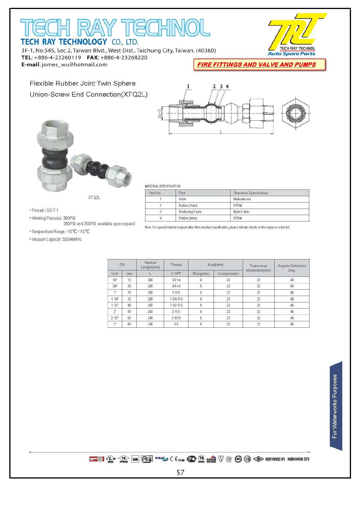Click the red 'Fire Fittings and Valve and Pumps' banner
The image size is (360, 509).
(256, 65)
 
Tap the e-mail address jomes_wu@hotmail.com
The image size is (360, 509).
(74, 64)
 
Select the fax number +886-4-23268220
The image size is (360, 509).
(124, 57)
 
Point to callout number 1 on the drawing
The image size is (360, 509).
(188, 86)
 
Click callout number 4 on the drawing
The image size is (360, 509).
(227, 86)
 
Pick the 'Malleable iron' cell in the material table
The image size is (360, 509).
(242, 199)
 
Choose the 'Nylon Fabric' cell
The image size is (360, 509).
(241, 212)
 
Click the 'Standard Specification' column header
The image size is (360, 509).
(251, 193)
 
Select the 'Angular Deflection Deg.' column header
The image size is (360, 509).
(292, 268)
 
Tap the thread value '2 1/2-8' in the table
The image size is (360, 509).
(176, 318)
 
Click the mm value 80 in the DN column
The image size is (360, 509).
(129, 324)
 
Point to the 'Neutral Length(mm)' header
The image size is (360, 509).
(150, 265)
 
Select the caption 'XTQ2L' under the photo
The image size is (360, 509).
(94, 198)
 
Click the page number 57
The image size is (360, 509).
(180, 472)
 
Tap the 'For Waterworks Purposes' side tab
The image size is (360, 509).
(335, 406)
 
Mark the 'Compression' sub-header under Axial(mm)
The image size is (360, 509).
(228, 274)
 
